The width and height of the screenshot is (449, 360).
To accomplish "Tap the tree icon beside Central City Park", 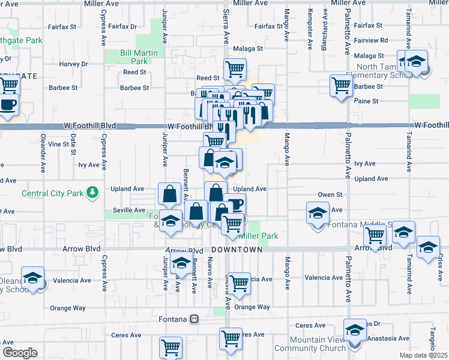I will pos(92,193).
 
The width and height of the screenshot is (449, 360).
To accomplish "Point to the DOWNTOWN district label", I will pos(237,249).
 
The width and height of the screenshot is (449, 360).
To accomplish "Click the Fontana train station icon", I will pos(194,319).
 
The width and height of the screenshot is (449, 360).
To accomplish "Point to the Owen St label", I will pos(330,194).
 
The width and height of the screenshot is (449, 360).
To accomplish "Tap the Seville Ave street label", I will pos(130,211).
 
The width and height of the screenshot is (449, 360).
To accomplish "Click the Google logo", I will pos(20,353).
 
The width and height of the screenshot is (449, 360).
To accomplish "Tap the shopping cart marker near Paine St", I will pos(341,86).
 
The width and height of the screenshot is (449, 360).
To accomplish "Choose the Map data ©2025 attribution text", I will pos(423,355).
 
